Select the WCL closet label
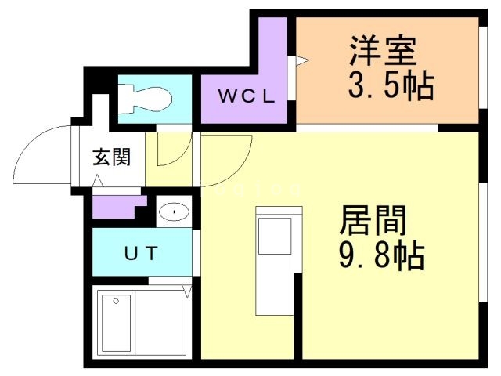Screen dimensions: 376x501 (x=246, y=97)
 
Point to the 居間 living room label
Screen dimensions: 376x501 (x=373, y=222)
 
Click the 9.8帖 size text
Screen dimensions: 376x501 (x=382, y=255)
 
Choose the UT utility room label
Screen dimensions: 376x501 (x=142, y=253)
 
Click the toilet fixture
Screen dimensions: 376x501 (x=145, y=98)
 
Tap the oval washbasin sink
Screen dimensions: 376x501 (x=173, y=212)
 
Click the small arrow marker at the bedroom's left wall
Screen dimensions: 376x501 (x=300, y=60)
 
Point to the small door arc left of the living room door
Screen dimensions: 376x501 (x=172, y=149)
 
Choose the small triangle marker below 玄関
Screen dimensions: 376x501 (x=99, y=183)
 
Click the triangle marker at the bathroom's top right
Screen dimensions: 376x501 (x=186, y=292)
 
